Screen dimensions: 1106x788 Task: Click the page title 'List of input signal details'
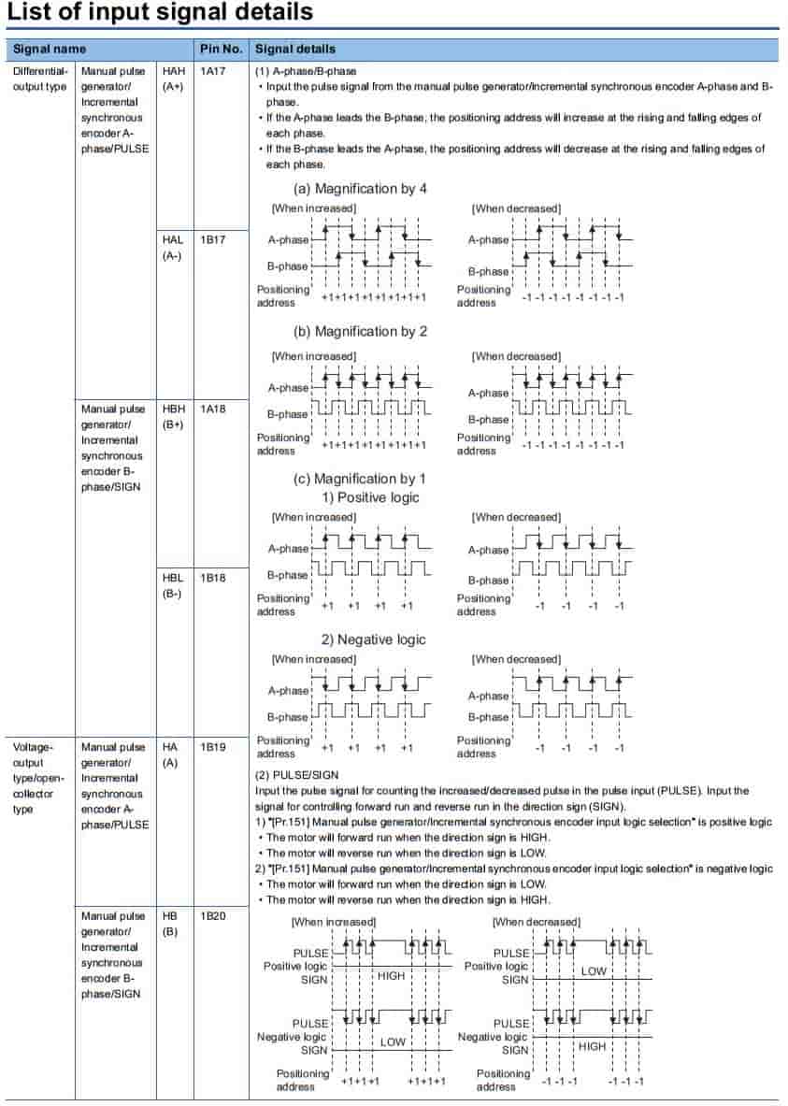tap(160, 13)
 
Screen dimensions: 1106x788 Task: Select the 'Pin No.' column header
tap(220, 49)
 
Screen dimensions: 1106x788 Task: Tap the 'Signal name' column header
tap(50, 49)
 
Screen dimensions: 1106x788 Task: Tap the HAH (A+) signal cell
tap(174, 79)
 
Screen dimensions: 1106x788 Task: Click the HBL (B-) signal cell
tap(174, 586)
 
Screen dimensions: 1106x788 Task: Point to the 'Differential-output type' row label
tap(40, 79)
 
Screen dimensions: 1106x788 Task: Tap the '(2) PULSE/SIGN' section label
tap(297, 775)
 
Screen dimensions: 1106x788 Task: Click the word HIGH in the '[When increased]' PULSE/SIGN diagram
tap(392, 976)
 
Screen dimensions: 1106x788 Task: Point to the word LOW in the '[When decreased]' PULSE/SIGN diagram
tap(594, 971)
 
